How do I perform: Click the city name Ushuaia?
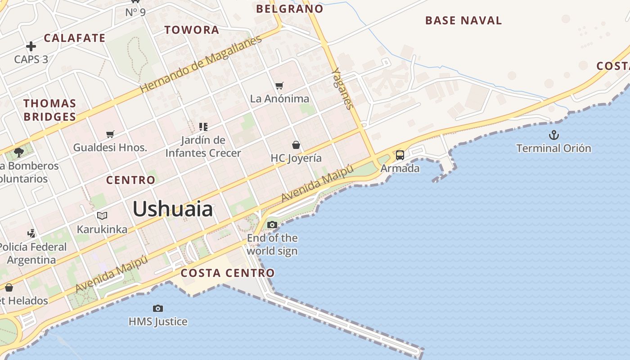coord(172,209)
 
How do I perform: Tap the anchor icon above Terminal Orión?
coord(553,135)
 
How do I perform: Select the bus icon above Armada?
coord(400,155)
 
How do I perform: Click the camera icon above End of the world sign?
coord(272,225)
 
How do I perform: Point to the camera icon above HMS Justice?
coord(157,308)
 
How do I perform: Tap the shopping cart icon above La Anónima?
coord(279,85)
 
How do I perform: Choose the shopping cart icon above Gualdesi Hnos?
coord(110,134)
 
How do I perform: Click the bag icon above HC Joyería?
coord(296,145)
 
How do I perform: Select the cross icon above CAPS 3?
coord(31,46)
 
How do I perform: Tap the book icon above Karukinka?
coord(102,216)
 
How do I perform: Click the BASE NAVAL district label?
coord(463,21)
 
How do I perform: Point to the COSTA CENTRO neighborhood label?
coord(227,273)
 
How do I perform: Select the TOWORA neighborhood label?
coord(192,30)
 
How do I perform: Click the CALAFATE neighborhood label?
coord(75,38)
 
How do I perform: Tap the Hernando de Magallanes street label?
coord(201,64)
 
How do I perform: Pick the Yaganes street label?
coord(342,89)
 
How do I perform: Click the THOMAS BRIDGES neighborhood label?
coord(49,110)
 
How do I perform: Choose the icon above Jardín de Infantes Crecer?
coord(203,127)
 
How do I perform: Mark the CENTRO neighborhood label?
coord(130,180)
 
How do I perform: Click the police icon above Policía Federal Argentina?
coord(31,233)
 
